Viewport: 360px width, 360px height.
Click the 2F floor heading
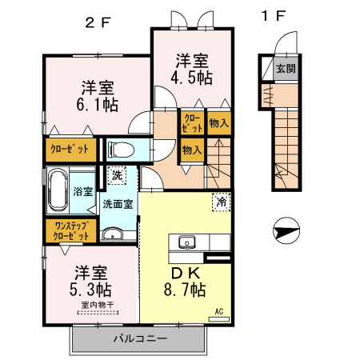[98, 22]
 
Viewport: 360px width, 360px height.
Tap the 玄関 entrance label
[285, 68]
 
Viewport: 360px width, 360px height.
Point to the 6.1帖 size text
[97, 104]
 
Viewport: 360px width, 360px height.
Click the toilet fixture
[122, 149]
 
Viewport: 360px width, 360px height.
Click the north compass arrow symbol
[284, 233]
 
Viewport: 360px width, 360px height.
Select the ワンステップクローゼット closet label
[70, 232]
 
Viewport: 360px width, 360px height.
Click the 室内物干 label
[94, 305]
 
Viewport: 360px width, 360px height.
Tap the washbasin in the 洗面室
[114, 234]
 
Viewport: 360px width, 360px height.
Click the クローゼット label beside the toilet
[70, 150]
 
